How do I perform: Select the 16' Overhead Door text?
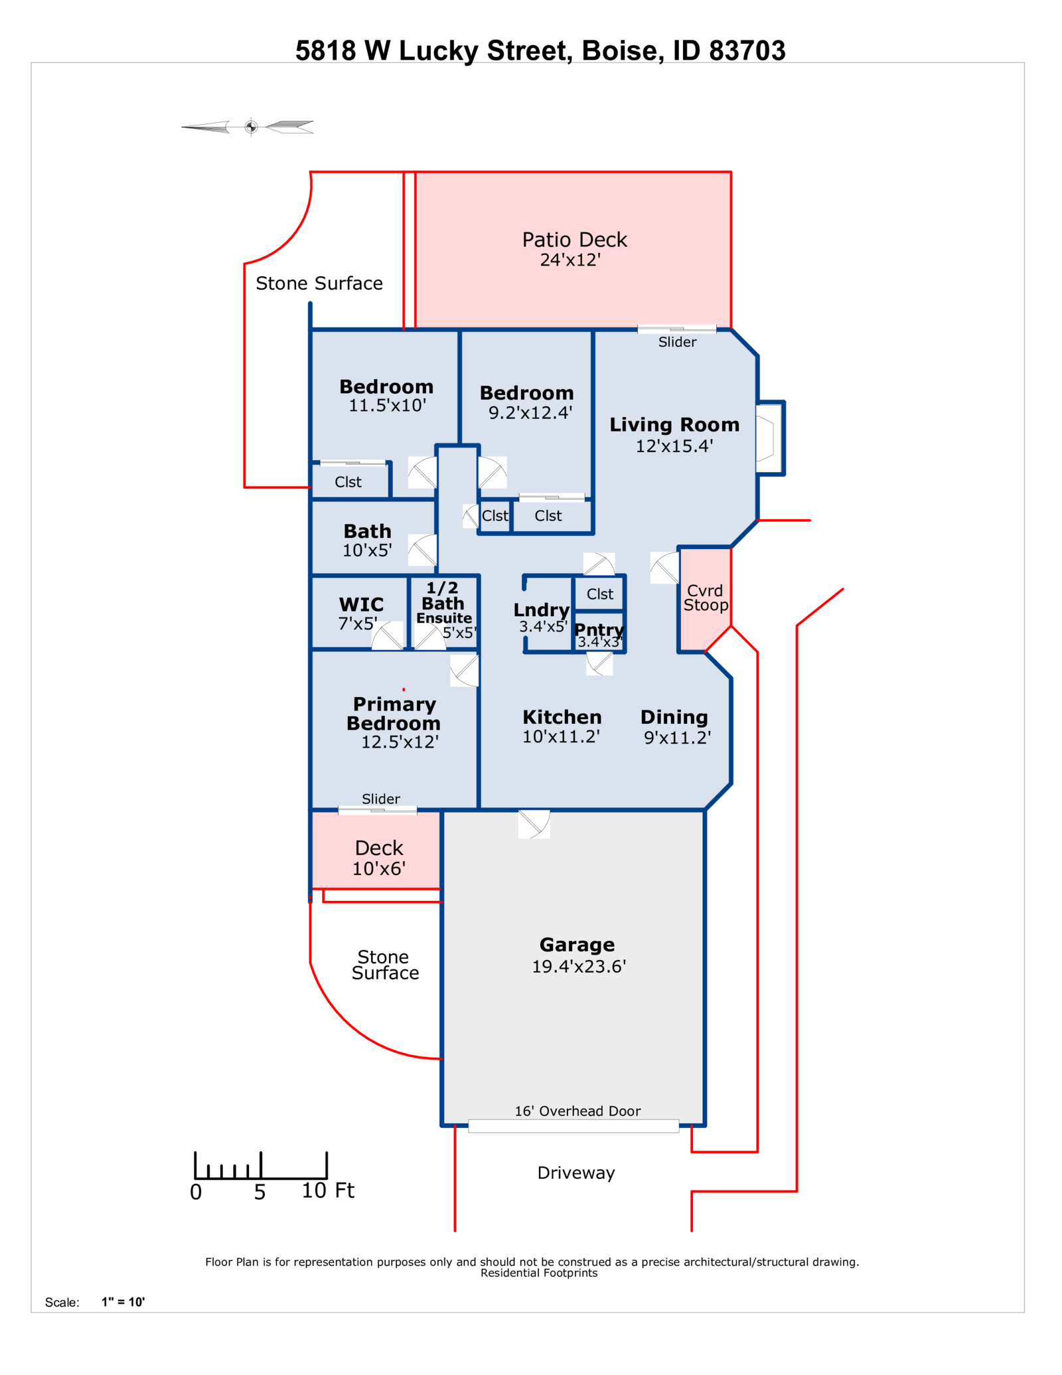point(577,1111)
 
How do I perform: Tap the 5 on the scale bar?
point(260,1192)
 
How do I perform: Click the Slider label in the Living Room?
point(677,342)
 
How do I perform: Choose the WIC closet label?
point(361,605)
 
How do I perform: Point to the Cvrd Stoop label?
point(706,598)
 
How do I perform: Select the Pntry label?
point(599,629)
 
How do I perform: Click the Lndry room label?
point(542,610)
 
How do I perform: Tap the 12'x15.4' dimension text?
point(674,446)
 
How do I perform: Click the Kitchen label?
point(562,717)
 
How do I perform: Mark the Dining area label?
point(674,718)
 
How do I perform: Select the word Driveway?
point(576,1173)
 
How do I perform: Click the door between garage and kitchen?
point(534,824)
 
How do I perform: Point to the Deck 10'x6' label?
point(379,858)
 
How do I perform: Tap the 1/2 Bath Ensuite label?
point(443,603)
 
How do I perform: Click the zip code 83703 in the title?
point(747,51)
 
